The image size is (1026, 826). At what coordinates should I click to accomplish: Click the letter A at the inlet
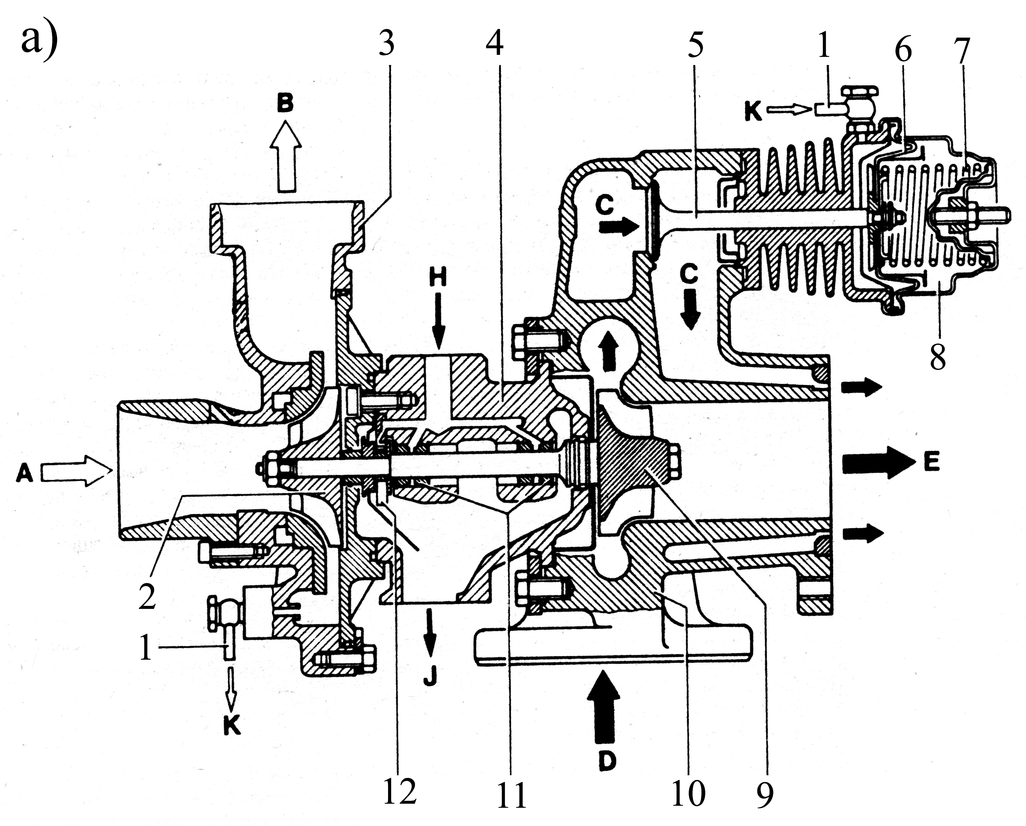pyautogui.click(x=24, y=474)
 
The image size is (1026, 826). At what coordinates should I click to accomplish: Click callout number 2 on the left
pyautogui.click(x=148, y=597)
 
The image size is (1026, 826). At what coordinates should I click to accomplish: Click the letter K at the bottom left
pyautogui.click(x=232, y=726)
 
